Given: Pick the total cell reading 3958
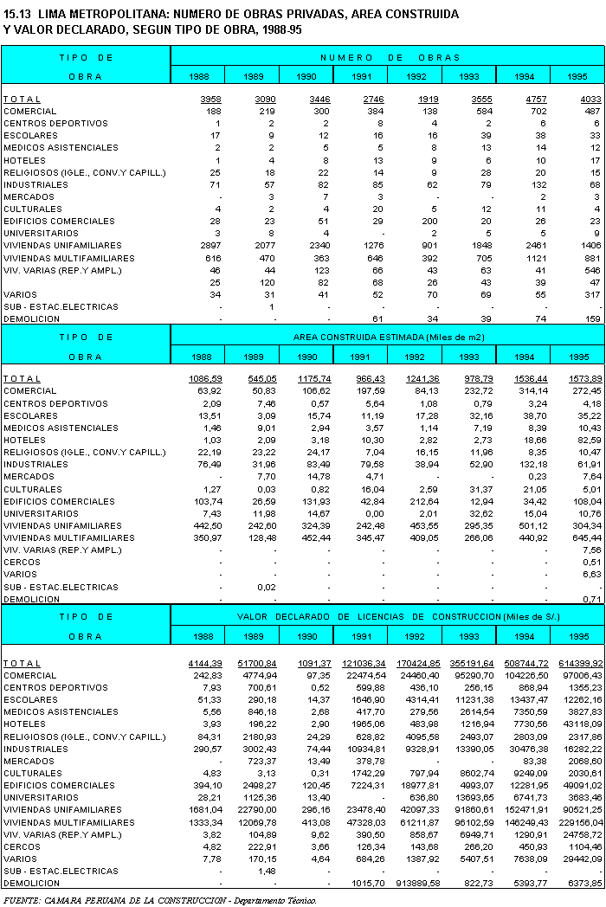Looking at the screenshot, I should coord(210,100).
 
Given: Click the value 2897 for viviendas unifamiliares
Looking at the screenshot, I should coord(210,245).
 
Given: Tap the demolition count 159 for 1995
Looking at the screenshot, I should coord(592,318).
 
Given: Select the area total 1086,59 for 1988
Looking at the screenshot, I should coord(205,379).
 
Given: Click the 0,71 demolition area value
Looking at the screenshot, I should coord(592,598).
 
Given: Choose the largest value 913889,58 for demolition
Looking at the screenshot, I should coord(416,884).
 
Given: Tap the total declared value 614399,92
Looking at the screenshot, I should coord(580,664).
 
